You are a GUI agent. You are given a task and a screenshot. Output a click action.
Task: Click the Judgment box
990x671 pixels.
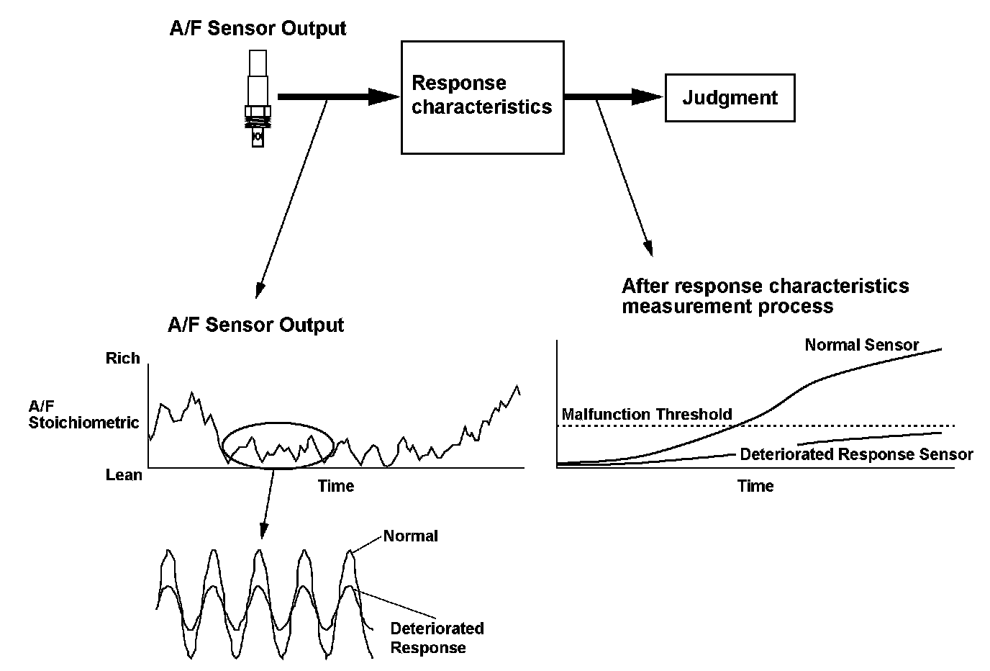click(730, 97)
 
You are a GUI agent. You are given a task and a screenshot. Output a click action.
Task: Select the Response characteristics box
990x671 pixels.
click(482, 96)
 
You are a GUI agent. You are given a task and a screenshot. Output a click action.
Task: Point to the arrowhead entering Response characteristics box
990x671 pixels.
click(384, 96)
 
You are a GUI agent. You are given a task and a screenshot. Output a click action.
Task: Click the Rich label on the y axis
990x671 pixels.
click(122, 359)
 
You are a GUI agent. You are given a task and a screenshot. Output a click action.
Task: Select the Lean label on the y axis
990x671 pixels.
click(124, 475)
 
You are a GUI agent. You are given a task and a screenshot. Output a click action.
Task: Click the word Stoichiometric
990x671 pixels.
click(83, 423)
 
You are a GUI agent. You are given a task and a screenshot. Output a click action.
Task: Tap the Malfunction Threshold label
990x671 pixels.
click(646, 414)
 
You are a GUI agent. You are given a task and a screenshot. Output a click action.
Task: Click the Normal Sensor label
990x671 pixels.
click(861, 345)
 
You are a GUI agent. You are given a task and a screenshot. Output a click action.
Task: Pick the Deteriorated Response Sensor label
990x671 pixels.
click(856, 454)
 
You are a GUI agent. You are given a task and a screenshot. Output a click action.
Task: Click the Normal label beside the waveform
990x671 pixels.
click(410, 536)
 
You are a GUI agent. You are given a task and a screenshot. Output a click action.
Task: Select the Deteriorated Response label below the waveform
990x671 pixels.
click(437, 638)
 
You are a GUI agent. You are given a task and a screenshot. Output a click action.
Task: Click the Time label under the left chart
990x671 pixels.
click(336, 486)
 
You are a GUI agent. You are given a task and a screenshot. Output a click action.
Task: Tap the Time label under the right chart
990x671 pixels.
click(755, 486)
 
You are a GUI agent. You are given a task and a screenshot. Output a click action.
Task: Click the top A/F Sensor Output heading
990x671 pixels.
click(258, 29)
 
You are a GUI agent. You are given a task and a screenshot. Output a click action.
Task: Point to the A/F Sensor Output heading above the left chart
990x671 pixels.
click(255, 325)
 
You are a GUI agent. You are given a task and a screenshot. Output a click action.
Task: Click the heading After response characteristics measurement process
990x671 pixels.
click(765, 296)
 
